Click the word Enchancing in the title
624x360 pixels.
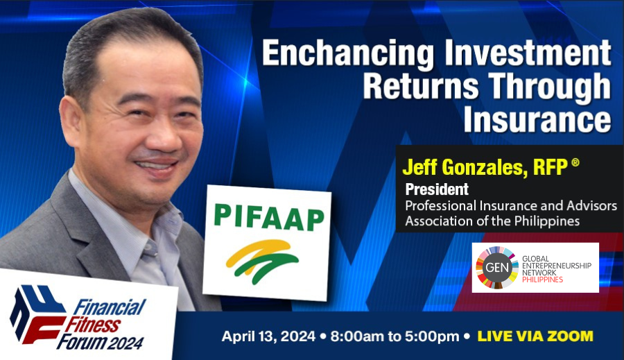[348, 53]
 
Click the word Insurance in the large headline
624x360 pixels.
[537, 119]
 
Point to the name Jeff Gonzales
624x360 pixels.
[462, 167]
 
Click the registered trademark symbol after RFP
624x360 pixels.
[575, 162]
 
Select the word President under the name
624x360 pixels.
[437, 189]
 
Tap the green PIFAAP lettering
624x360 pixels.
[269, 217]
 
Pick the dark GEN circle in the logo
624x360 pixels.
[497, 267]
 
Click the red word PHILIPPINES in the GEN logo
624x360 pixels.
[542, 280]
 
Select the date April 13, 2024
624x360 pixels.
[268, 336]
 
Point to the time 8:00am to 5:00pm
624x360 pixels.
[395, 336]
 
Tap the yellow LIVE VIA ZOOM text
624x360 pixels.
[535, 336]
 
